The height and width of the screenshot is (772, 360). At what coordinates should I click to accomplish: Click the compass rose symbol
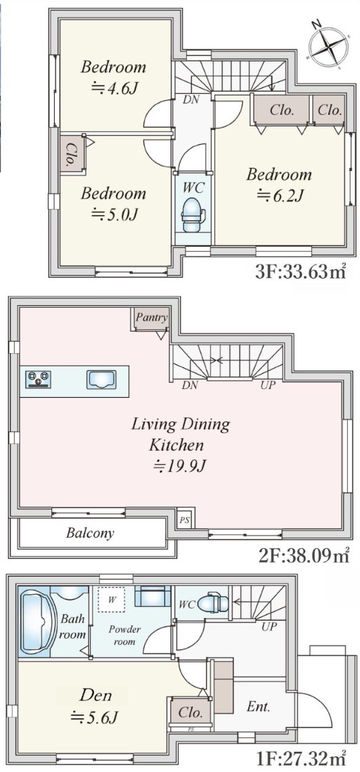[328, 44]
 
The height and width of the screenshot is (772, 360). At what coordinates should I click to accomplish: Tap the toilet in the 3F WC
[193, 214]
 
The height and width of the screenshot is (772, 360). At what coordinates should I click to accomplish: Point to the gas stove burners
[39, 379]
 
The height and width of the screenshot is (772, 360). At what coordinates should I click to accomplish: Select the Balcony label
[90, 532]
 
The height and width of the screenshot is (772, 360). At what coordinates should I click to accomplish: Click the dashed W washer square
[111, 600]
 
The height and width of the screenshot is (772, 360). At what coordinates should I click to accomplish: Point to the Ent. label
[258, 708]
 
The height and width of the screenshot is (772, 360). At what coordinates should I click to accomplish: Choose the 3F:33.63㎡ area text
[300, 272]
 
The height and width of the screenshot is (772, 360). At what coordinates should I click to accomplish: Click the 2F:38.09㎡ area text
[304, 556]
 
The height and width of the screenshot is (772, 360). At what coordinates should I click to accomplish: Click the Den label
[95, 696]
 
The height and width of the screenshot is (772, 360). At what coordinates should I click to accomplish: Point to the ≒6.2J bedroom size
[279, 196]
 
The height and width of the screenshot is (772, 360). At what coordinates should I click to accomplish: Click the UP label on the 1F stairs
[270, 627]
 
